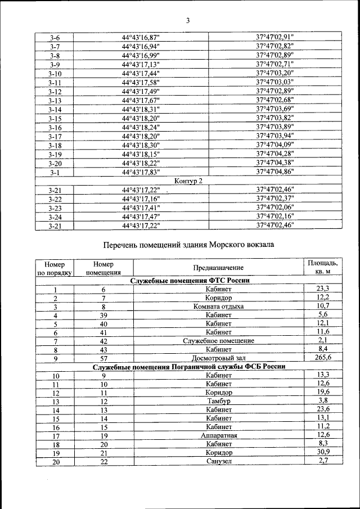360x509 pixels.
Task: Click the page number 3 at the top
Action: (188, 21)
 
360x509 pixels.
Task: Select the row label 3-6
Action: (55, 38)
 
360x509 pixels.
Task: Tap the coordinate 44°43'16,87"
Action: (141, 38)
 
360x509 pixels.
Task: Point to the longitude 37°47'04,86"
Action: (275, 172)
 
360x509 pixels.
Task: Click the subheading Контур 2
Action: (188, 181)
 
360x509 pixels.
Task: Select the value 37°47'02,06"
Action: (275, 208)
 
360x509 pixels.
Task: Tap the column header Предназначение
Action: (218, 268)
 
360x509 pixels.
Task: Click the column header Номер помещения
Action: (103, 268)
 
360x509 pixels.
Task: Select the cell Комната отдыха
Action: (218, 307)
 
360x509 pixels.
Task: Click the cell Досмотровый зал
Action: (218, 358)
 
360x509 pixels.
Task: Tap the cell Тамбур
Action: (218, 402)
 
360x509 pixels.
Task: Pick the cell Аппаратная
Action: (218, 435)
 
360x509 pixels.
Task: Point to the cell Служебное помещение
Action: (218, 341)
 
